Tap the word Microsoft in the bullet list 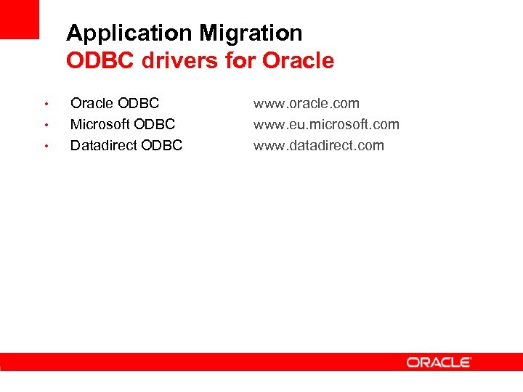coord(100,124)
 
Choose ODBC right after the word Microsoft coord(155,124)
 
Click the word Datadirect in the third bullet coord(104,145)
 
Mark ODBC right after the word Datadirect coord(162,145)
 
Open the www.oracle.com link coord(306,104)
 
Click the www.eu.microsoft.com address coord(326,124)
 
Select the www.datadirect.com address coord(318,145)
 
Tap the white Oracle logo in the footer coord(439,362)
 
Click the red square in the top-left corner coord(19,19)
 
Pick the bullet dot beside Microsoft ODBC coord(46,125)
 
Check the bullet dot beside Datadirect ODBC coord(46,146)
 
